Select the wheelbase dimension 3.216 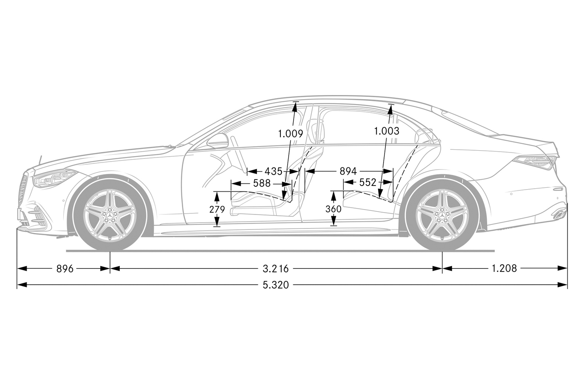pyautogui.click(x=275, y=268)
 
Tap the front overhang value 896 pyautogui.click(x=65, y=268)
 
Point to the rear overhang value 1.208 pyautogui.click(x=504, y=268)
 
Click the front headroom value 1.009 pyautogui.click(x=290, y=133)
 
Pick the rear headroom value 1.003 pyautogui.click(x=387, y=131)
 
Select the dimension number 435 pyautogui.click(x=273, y=172)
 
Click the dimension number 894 pyautogui.click(x=348, y=172)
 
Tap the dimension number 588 pyautogui.click(x=262, y=183)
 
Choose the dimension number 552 pyautogui.click(x=368, y=183)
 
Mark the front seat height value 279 pyautogui.click(x=217, y=209)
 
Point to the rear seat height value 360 pyautogui.click(x=333, y=209)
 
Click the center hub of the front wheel pyautogui.click(x=110, y=214)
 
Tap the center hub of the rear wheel pyautogui.click(x=442, y=214)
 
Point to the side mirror pyautogui.click(x=218, y=141)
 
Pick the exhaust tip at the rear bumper pyautogui.click(x=560, y=214)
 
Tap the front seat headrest pyautogui.click(x=315, y=130)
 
